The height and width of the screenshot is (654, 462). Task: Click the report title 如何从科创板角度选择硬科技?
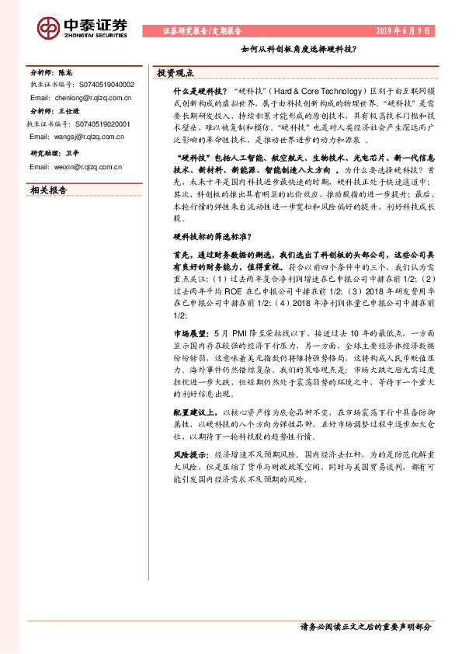click(298, 49)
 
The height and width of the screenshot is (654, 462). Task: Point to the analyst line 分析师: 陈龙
click(51, 71)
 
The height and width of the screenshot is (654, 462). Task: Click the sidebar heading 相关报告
click(49, 189)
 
